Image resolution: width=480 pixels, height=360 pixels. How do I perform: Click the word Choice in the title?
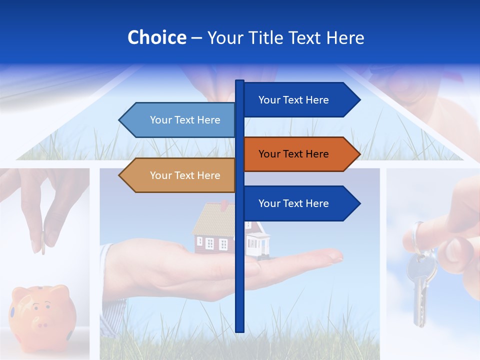coord(156,38)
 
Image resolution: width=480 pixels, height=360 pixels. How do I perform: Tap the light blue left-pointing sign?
coord(180,120)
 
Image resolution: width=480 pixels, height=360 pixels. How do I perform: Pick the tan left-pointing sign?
coord(180,175)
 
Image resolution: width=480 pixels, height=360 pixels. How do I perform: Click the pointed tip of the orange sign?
coord(358,154)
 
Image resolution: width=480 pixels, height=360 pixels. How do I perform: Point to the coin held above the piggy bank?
coord(43,242)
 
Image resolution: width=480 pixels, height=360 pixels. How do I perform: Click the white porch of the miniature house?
coord(257,245)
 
